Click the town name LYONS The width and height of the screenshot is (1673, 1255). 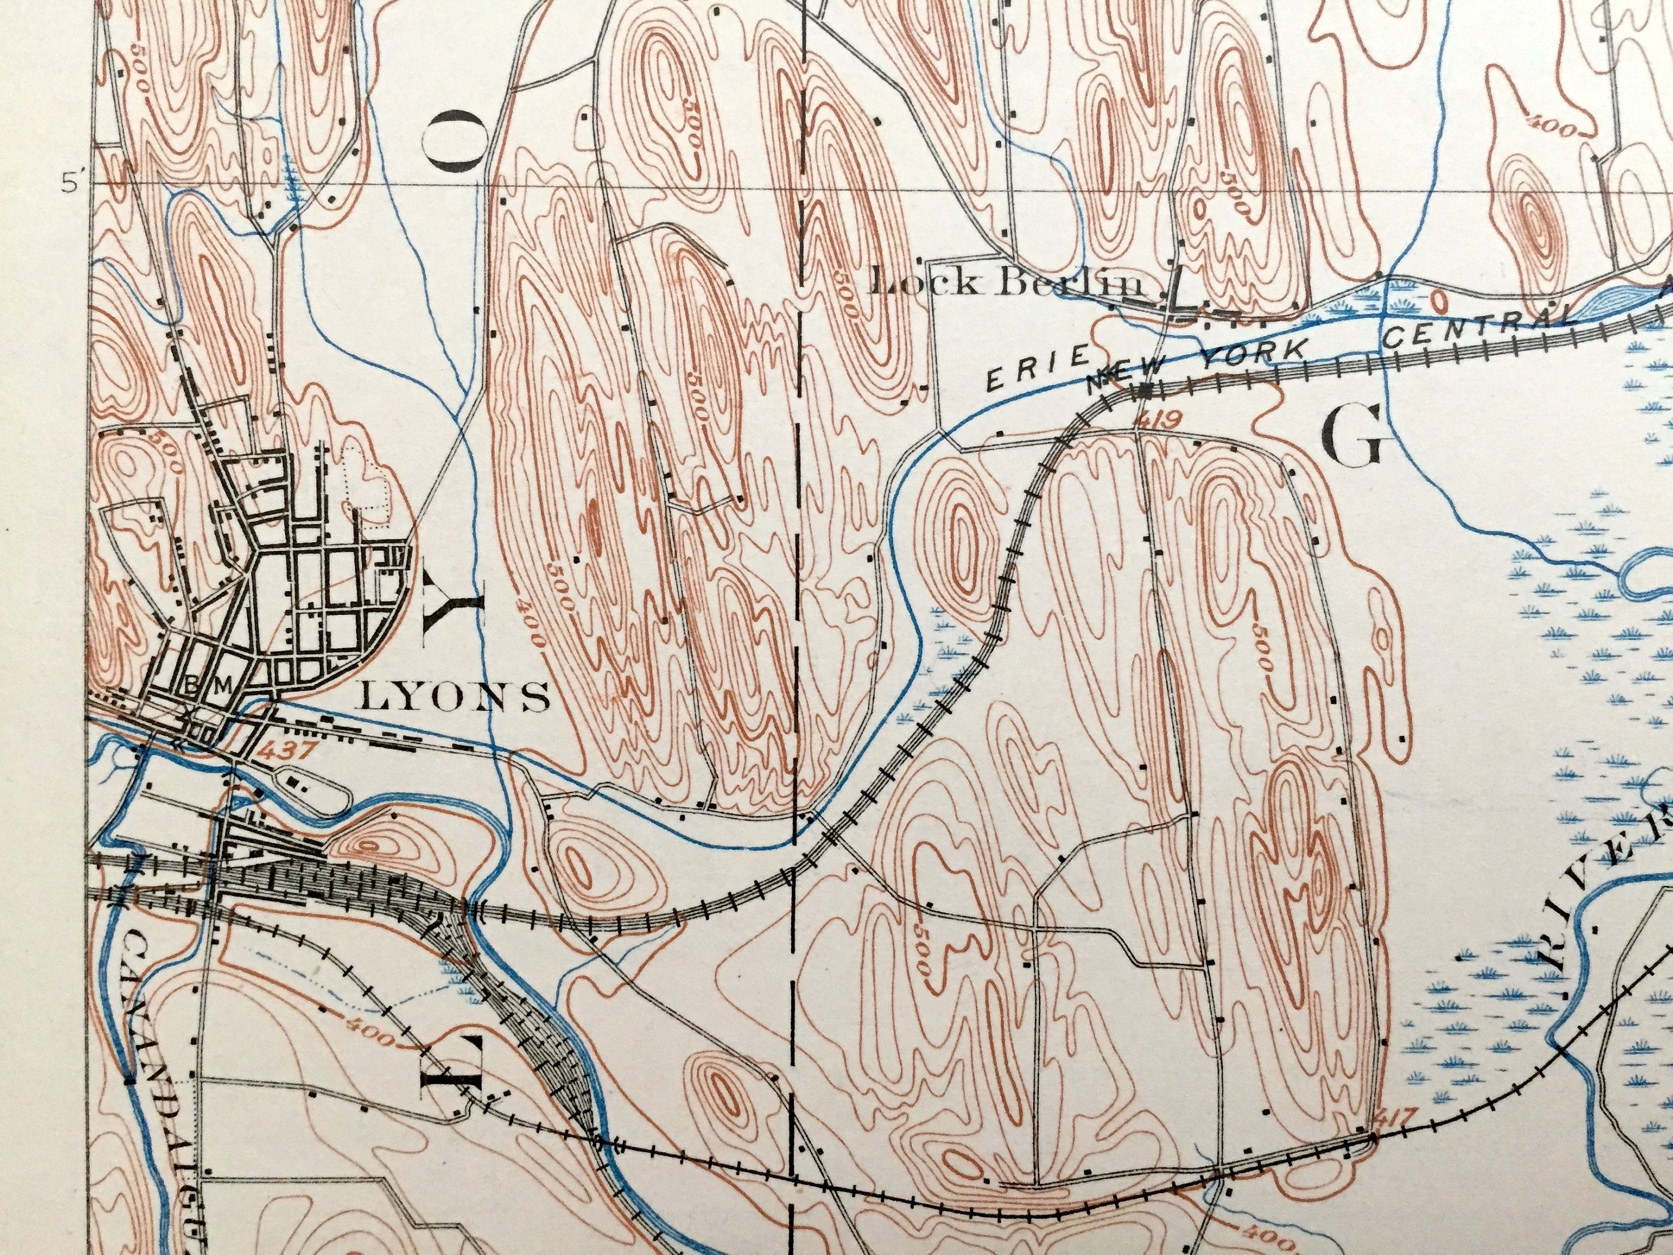click(455, 696)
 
